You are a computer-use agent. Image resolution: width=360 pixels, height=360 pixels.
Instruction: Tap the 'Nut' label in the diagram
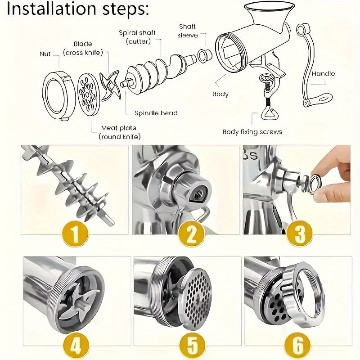[45, 54]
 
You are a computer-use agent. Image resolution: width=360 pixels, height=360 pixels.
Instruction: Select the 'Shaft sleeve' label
[187, 31]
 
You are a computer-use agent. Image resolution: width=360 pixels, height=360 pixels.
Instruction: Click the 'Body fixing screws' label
[252, 132]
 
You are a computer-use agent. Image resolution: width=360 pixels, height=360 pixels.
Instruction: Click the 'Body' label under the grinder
[220, 94]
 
